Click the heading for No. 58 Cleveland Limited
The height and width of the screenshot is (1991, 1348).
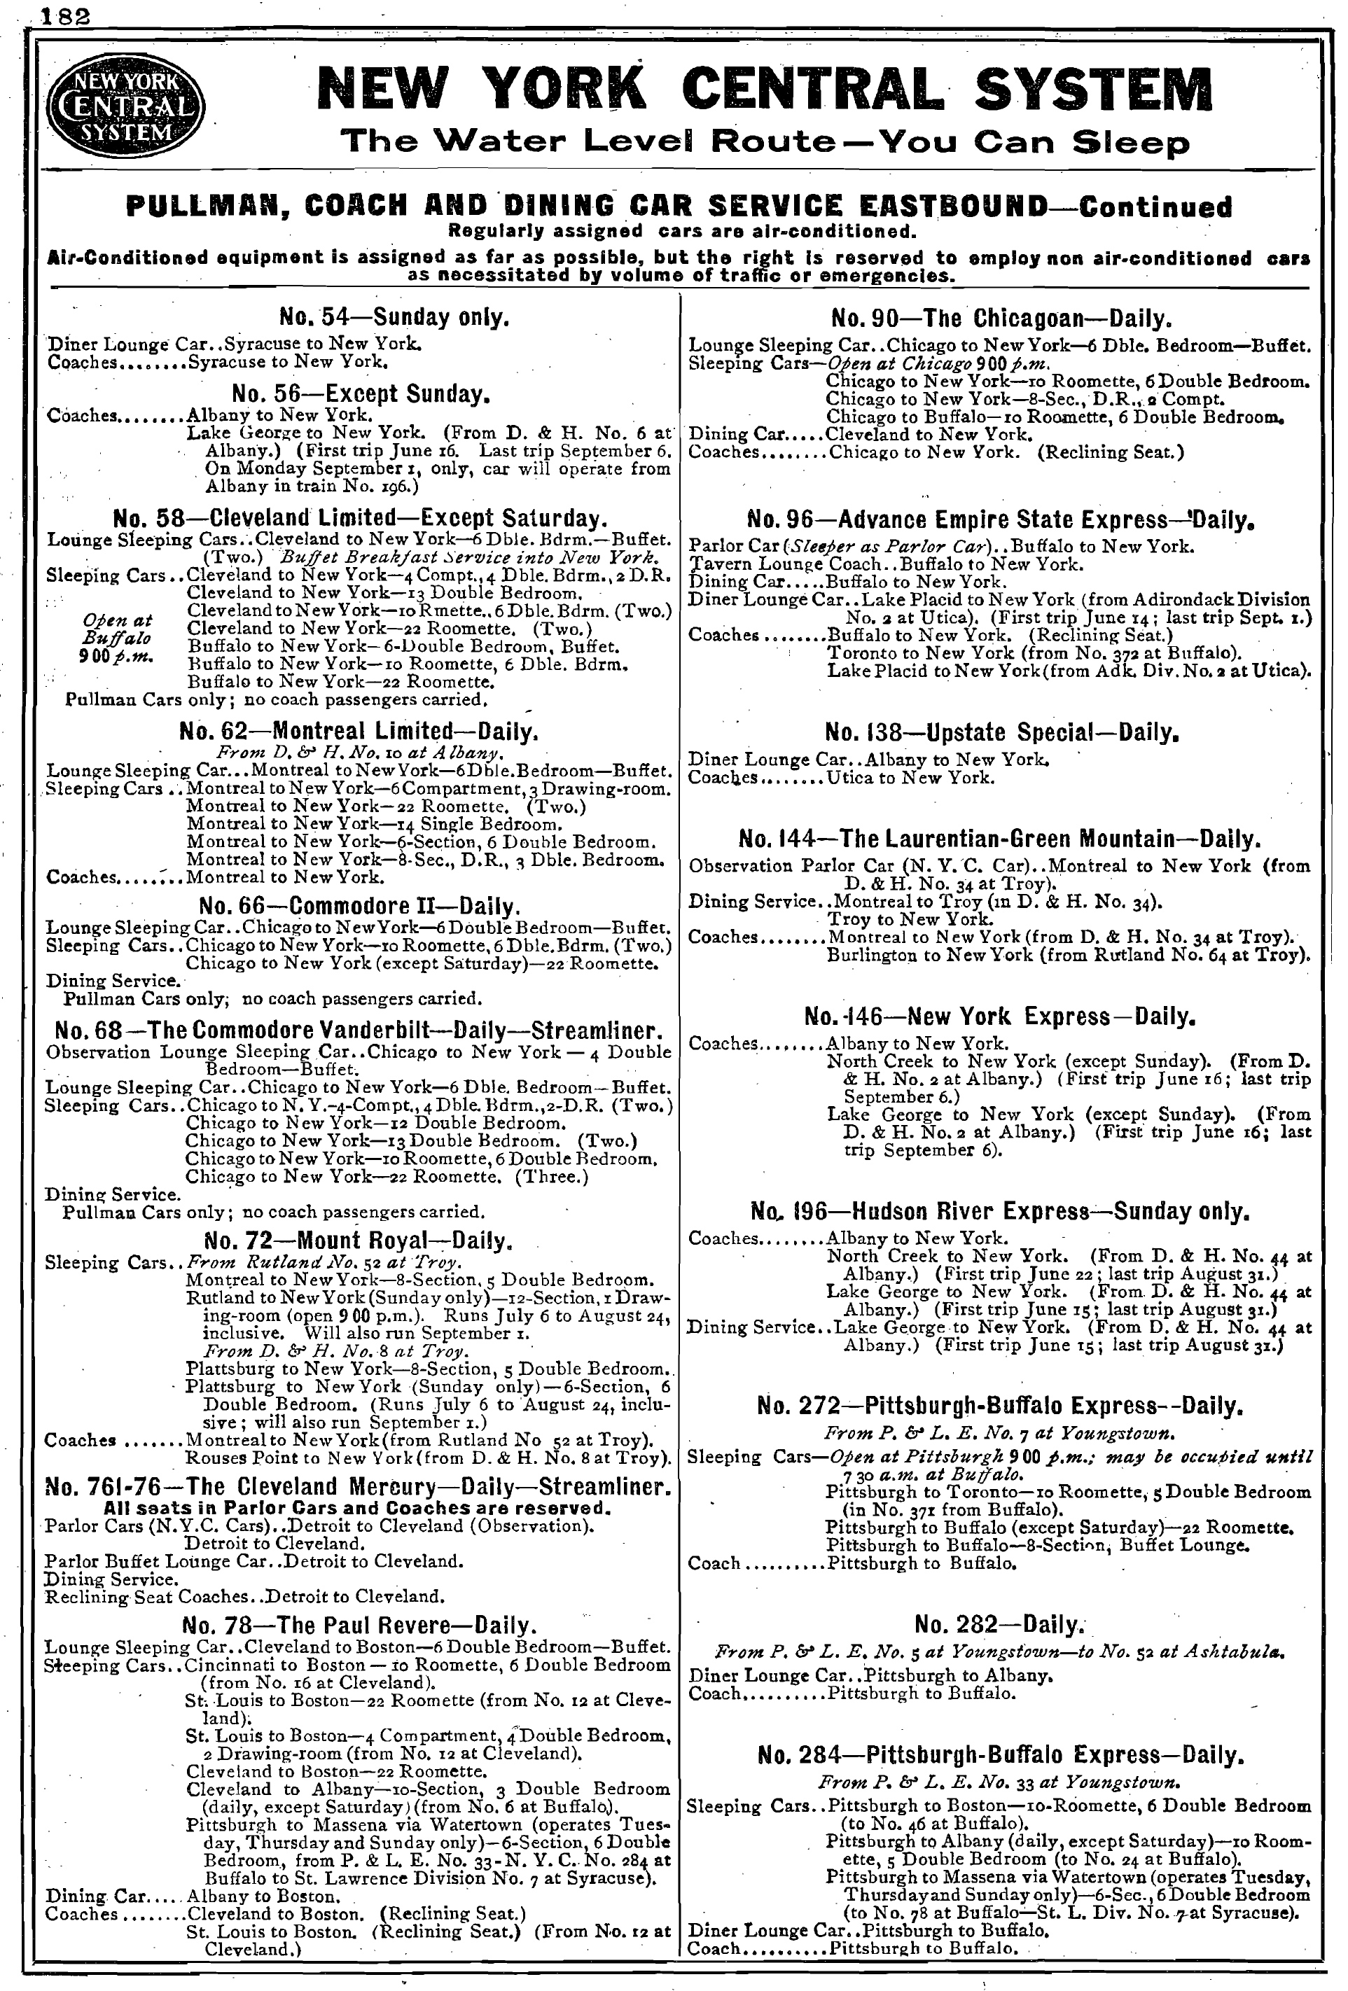(360, 518)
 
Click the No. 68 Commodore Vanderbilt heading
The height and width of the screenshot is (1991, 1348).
(359, 1030)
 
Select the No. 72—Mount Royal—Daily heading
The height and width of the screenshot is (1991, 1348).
(359, 1241)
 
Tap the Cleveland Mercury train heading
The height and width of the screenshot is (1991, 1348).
(359, 1487)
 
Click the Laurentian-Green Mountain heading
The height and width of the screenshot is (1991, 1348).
(1000, 838)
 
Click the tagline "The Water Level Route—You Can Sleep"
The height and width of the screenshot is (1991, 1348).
(765, 141)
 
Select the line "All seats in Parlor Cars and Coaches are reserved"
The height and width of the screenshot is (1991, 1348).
(357, 1508)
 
